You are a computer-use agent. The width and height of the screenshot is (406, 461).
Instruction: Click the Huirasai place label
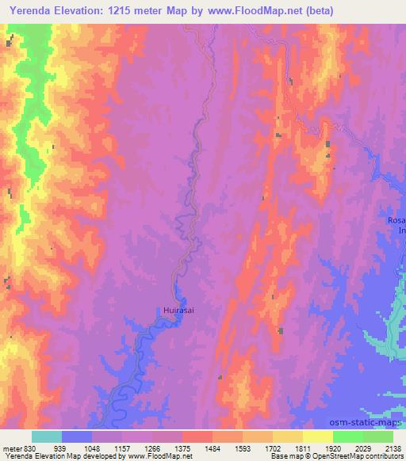click(179, 311)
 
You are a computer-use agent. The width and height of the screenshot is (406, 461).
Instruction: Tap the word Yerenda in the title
click(33, 10)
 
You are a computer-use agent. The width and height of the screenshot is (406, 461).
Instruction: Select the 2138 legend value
click(393, 448)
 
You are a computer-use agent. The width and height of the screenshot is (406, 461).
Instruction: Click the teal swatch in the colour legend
click(47, 436)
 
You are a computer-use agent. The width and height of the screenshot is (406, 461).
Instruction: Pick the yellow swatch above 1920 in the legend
click(317, 436)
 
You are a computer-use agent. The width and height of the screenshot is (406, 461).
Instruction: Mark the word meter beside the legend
click(11, 448)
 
